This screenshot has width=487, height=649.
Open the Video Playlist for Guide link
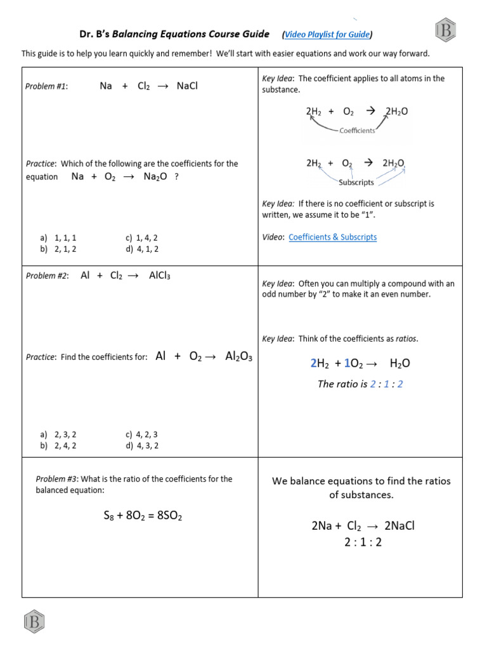pos(327,35)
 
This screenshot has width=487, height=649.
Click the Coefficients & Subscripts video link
pos(332,237)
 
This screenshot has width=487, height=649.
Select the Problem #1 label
pos(46,87)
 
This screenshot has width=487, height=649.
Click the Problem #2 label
pos(47,276)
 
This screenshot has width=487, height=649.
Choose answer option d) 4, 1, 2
pos(142,249)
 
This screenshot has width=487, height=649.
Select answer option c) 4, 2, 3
pos(142,435)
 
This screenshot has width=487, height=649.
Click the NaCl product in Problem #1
pos(187,86)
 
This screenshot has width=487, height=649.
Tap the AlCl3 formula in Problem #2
pos(159,276)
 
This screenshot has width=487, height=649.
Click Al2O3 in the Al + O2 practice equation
pos(238,357)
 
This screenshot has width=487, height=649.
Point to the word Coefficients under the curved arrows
pos(357,131)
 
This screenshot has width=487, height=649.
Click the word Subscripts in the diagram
pos(356,183)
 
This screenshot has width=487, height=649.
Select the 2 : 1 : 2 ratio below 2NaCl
pos(363,542)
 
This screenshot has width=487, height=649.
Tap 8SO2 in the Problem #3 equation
pos(168,516)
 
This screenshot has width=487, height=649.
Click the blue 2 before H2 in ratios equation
pos(313,363)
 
